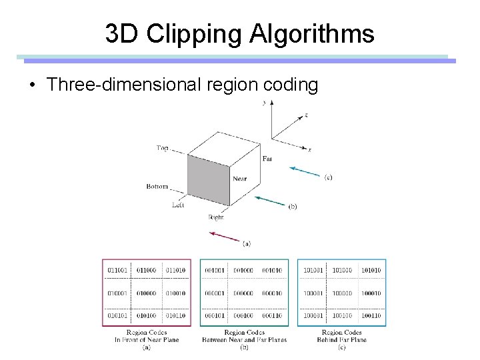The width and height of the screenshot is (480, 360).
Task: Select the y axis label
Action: point(265,103)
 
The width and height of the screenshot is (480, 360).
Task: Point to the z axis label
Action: point(305,115)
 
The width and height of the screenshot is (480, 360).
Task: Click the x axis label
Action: point(310,149)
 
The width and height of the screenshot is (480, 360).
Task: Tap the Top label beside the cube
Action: point(163,148)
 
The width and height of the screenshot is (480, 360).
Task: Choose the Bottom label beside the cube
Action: point(157,187)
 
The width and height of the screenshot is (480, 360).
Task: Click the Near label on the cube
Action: point(240,179)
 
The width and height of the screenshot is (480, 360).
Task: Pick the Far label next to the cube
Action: point(267,158)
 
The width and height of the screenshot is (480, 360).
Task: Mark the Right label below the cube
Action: point(216,217)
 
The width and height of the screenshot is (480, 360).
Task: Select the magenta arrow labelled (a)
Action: point(225,236)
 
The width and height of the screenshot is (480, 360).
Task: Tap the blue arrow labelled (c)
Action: point(306,171)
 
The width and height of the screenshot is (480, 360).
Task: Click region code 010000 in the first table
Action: point(146,293)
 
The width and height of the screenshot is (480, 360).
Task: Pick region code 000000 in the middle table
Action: point(244,293)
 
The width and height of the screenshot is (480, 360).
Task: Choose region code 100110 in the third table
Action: point(371,315)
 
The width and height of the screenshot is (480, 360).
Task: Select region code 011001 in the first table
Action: point(117,270)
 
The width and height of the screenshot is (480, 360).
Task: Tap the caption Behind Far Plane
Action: point(341,339)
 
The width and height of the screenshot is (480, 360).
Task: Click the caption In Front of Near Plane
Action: point(146,339)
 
